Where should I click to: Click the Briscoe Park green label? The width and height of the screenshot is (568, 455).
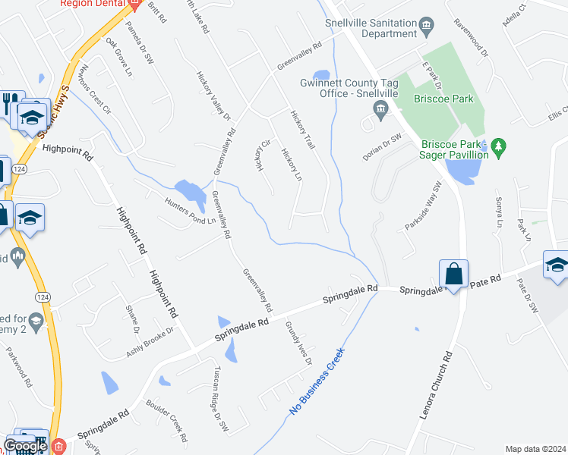coord(443,99)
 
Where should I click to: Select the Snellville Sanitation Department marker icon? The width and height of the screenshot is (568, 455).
coord(426,29)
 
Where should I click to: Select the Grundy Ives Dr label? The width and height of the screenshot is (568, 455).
coord(298,342)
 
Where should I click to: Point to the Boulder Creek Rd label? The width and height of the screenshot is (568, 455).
coord(166,420)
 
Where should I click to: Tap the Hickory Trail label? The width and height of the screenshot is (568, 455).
coord(302,129)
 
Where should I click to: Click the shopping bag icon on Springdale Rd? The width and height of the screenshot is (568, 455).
coord(453,273)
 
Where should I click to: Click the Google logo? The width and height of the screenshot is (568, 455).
coord(26,446)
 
